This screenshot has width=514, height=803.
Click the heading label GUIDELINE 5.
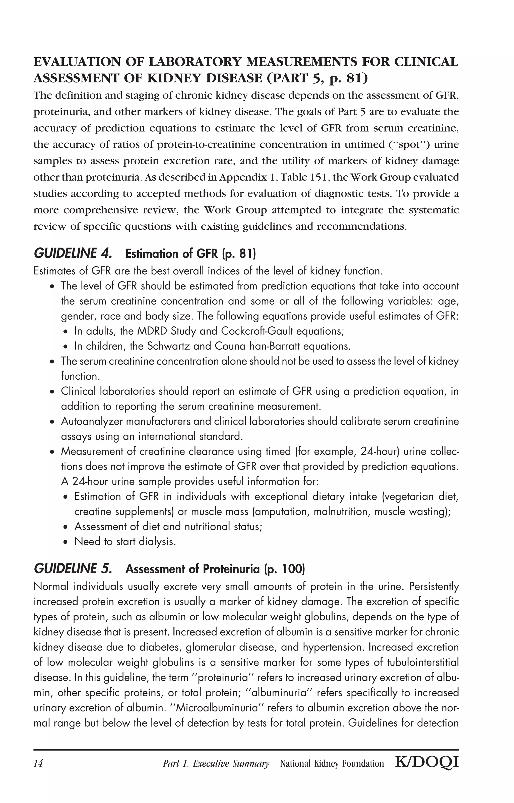(73, 569)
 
